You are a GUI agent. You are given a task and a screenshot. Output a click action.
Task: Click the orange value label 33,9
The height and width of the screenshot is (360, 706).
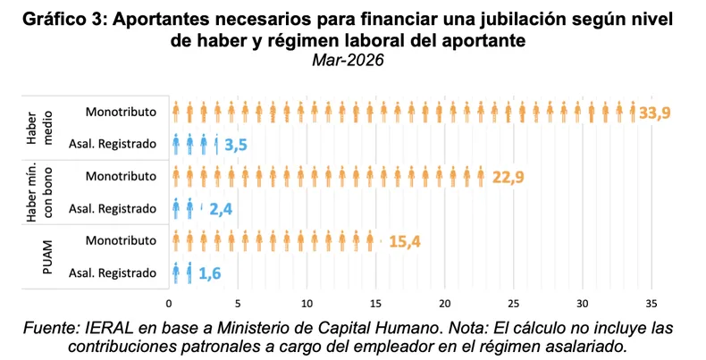(655, 113)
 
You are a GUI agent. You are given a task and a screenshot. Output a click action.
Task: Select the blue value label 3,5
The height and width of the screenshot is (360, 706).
(236, 146)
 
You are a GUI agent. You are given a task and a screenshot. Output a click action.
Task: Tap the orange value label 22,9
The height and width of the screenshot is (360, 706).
(508, 177)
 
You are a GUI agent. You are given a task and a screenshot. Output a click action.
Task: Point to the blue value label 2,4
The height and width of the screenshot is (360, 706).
(221, 209)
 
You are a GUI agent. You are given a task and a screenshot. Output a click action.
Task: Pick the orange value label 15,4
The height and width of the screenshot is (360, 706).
(405, 242)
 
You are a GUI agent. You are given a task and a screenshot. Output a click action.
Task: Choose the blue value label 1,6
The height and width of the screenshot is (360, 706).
(210, 273)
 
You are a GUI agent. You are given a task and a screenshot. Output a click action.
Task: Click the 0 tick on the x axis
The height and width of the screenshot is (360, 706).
(169, 305)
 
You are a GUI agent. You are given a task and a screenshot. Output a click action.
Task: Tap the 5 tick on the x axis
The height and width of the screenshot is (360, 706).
(238, 305)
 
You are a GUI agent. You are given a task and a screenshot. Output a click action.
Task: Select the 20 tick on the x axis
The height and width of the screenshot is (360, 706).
(445, 305)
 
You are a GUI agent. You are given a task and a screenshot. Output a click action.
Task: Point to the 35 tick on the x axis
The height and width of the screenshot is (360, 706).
(651, 305)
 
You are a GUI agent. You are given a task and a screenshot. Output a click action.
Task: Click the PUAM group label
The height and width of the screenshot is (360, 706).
(47, 257)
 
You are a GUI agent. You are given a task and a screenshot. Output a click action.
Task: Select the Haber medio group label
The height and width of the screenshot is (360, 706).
(38, 128)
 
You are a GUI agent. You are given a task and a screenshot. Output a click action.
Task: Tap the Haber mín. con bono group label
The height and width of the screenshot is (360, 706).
(39, 193)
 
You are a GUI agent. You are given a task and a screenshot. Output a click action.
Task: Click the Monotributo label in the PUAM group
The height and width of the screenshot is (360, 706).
(121, 240)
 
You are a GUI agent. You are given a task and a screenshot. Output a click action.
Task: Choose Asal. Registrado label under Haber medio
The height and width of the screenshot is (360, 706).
(113, 144)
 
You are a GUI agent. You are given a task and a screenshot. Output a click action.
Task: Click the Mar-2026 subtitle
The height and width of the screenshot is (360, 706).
(348, 60)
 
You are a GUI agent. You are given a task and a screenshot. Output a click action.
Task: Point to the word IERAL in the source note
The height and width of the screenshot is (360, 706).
(109, 328)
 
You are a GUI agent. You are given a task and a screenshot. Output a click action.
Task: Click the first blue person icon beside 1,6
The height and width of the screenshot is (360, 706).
(176, 273)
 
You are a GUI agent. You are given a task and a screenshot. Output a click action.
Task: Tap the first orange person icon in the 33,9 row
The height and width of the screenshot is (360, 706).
(176, 112)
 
